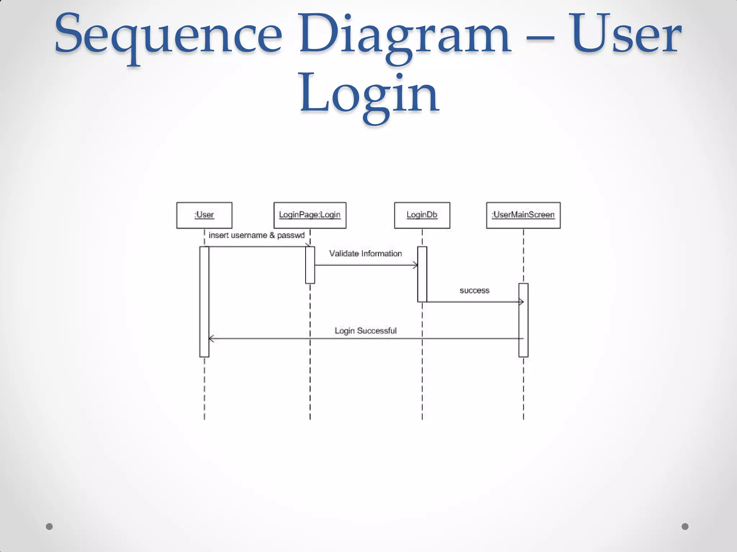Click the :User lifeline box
point(204,215)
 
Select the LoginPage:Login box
point(310,215)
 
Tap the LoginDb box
point(422,215)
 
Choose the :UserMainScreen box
point(523,215)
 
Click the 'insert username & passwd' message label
point(257,235)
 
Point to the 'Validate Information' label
point(366,254)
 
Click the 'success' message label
point(474,291)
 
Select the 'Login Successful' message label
point(366,331)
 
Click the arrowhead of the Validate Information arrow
point(416,266)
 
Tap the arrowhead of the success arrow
point(521,302)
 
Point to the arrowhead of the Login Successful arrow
point(211,339)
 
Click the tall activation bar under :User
point(204,302)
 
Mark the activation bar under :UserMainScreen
point(523,320)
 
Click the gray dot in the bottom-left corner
point(49,526)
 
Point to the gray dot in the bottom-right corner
point(685,526)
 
